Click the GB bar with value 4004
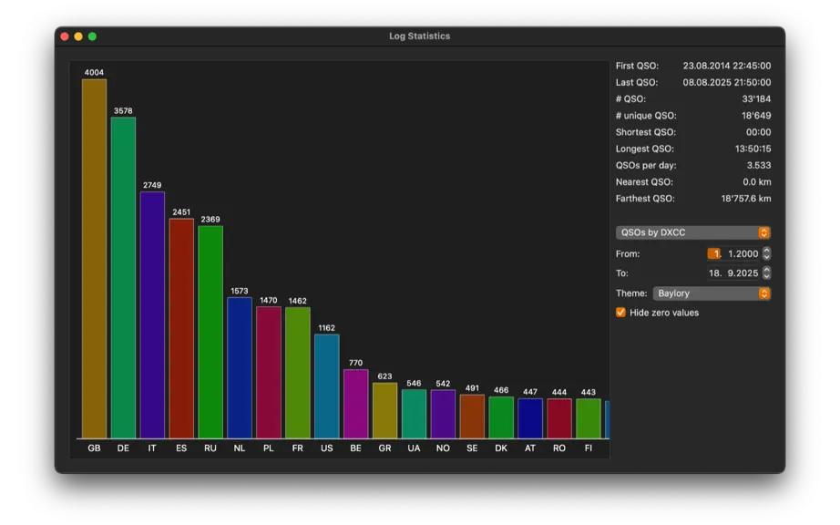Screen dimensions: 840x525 (94, 259)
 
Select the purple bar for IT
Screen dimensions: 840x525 (152, 315)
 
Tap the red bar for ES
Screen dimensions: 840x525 (181, 328)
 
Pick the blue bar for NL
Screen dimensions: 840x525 (240, 368)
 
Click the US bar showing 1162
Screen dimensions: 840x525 (327, 386)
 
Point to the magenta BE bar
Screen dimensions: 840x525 (355, 404)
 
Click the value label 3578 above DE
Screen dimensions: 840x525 (123, 111)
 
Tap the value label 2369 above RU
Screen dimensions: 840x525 (210, 219)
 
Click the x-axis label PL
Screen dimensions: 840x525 (269, 448)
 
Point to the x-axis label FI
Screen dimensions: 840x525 (589, 448)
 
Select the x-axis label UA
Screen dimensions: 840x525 (414, 448)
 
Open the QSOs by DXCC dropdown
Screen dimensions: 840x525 (692, 232)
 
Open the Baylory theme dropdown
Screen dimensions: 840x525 (712, 293)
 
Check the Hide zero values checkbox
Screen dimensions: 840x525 (621, 313)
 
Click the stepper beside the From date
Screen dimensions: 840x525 (766, 253)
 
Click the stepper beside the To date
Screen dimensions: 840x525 (766, 273)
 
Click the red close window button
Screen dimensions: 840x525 (65, 36)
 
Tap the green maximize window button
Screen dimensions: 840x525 (92, 36)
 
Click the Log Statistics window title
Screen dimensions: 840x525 (419, 36)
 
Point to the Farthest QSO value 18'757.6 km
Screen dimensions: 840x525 (746, 198)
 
